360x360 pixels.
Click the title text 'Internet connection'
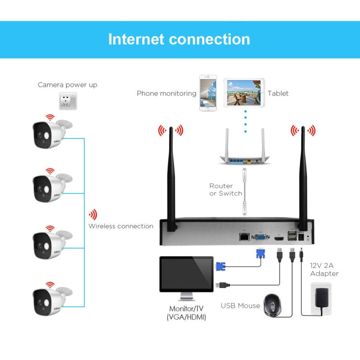179,39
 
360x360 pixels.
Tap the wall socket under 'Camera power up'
68,101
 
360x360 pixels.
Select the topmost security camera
50,133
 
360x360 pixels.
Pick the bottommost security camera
50,300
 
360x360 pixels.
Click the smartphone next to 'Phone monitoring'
208,93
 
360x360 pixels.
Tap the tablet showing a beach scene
243,93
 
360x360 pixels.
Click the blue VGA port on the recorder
260,236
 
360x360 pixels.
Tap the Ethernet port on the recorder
244,236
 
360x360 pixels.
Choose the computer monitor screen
186,274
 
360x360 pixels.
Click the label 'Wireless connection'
121,226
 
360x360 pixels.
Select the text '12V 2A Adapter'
324,269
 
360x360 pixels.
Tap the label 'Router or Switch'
226,190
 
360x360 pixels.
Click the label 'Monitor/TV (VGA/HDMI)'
187,313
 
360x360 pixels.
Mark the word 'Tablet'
278,93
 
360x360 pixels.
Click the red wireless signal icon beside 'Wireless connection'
93,215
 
